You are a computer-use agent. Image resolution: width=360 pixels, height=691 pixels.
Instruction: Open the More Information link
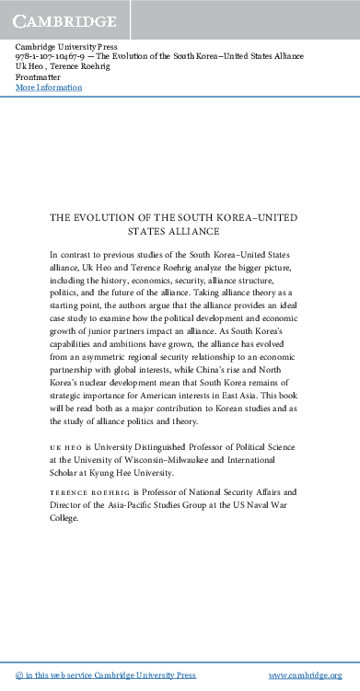49,87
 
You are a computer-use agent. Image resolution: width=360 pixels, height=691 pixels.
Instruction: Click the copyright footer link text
107,674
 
